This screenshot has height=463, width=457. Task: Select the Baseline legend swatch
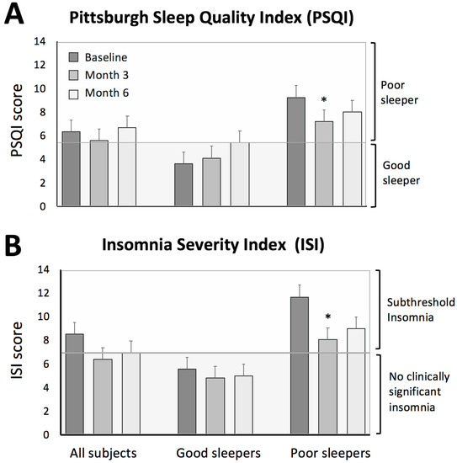coord(73,56)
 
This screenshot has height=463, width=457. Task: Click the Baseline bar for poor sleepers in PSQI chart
coord(295,152)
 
